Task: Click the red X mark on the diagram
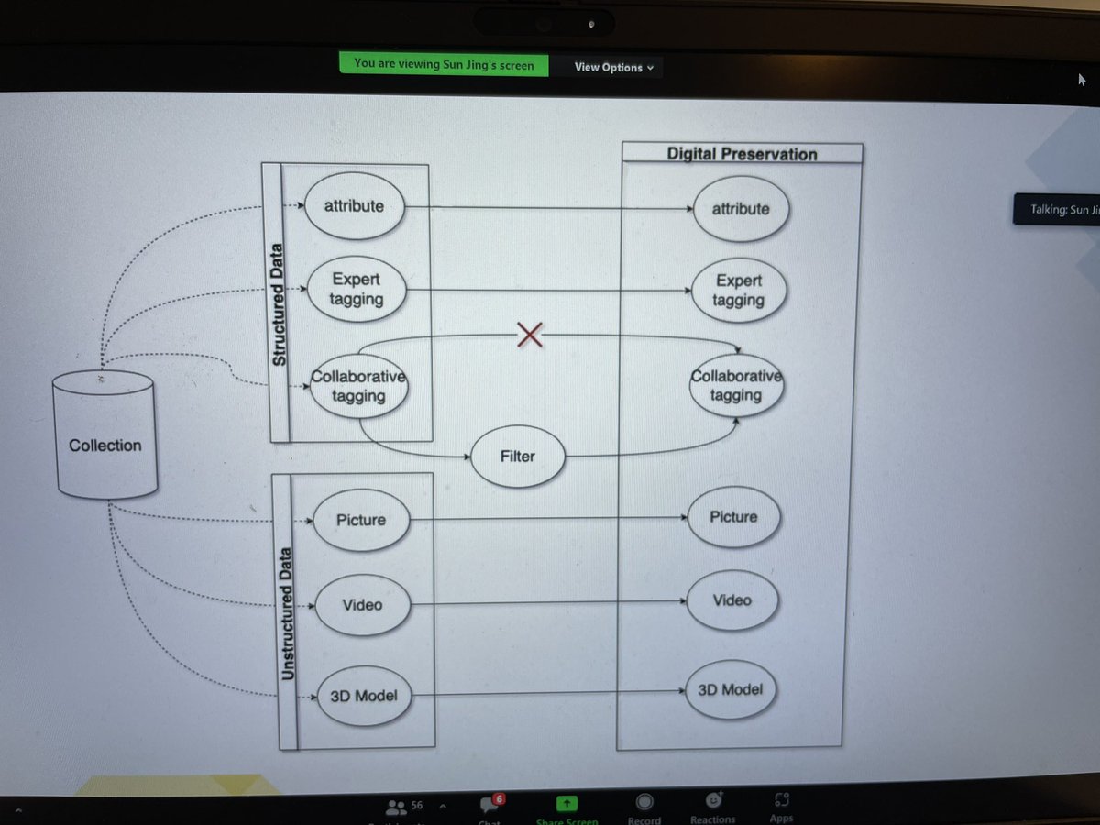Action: (530, 336)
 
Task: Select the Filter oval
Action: (518, 456)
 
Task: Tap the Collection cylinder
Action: (105, 445)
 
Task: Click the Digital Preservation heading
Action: (742, 154)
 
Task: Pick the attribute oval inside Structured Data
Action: (354, 206)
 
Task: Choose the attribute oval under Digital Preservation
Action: (741, 209)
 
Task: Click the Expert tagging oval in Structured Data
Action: (356, 289)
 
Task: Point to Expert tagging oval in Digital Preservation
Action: (739, 291)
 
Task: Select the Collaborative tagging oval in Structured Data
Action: (358, 387)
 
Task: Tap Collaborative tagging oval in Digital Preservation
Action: (736, 386)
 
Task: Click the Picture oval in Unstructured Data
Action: (361, 520)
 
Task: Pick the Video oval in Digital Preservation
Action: (731, 600)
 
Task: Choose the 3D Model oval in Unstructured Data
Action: (363, 696)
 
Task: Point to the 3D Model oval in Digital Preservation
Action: (730, 688)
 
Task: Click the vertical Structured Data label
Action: (278, 305)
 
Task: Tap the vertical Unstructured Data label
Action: (287, 614)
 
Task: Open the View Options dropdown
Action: (614, 67)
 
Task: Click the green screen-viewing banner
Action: (444, 64)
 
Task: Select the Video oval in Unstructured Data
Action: (362, 605)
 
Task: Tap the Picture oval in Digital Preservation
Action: (733, 517)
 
